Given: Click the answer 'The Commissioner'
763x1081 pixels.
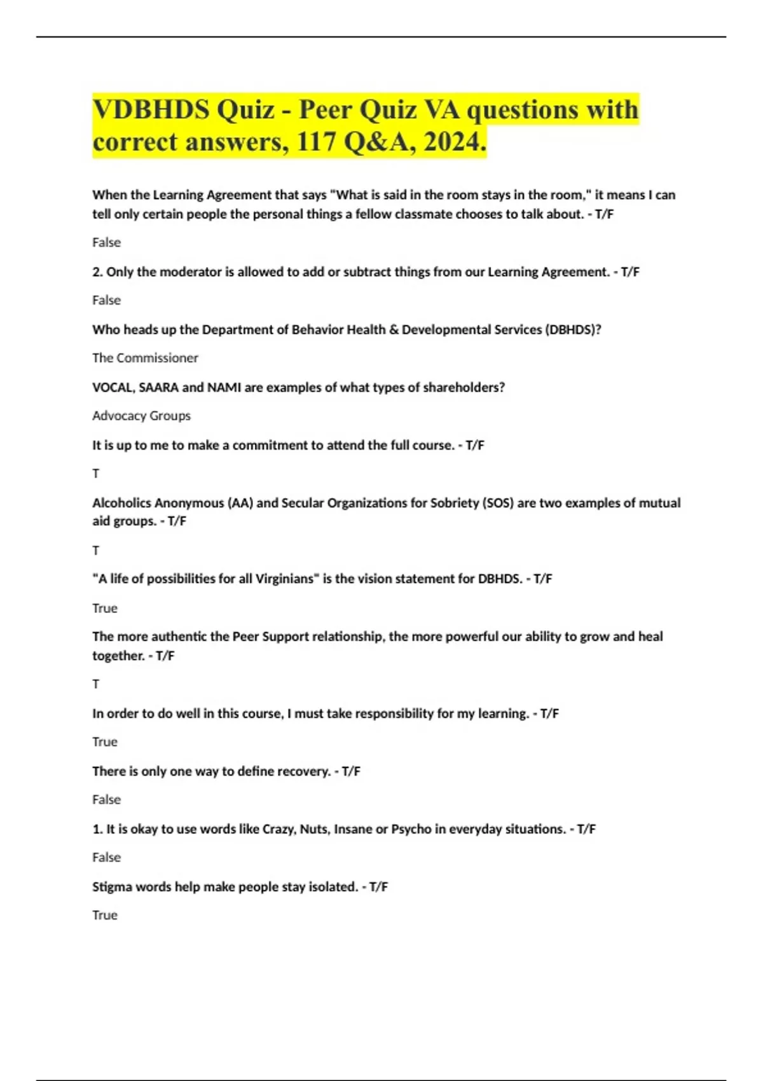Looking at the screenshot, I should (x=145, y=357).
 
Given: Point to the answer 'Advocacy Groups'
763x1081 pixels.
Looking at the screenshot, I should (x=141, y=415).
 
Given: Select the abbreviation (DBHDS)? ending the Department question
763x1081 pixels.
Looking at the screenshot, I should (x=573, y=329).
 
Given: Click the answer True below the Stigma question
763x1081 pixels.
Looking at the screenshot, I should (x=105, y=915).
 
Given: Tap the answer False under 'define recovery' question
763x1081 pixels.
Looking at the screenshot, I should (x=106, y=799).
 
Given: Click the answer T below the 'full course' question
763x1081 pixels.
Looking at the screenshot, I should (x=96, y=473).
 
